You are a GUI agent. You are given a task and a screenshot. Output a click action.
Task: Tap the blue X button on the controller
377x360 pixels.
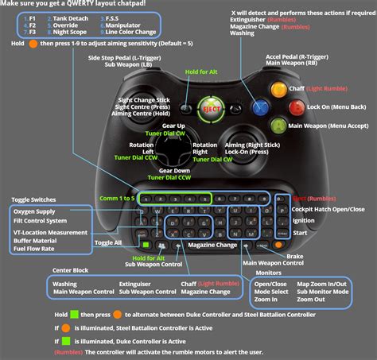(259, 106)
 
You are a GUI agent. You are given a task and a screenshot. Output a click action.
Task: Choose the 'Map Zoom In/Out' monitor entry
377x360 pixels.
(322, 284)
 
